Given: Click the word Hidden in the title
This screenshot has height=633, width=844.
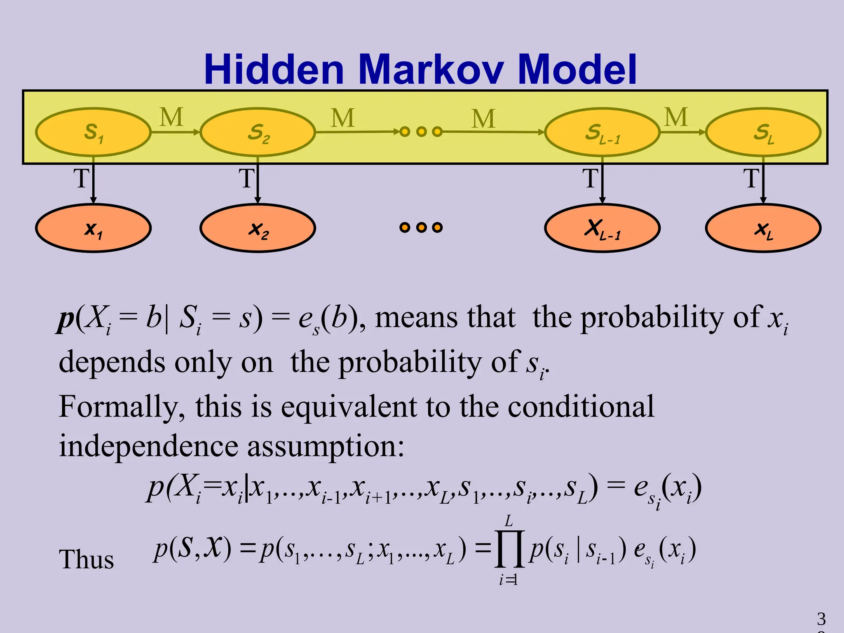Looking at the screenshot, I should [x=274, y=69].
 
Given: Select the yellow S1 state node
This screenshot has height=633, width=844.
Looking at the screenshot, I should [x=93, y=132].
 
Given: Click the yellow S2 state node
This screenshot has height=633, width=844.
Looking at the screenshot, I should [x=258, y=132].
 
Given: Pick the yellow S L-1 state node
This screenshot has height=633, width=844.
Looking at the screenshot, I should [x=602, y=132].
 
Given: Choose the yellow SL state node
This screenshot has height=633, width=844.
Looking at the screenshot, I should [x=763, y=132].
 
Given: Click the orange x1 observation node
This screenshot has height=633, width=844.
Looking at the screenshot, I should [x=93, y=228].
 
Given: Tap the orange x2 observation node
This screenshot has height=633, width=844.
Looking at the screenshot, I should [x=258, y=228].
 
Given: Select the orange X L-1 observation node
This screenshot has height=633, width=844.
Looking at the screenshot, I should [x=602, y=228].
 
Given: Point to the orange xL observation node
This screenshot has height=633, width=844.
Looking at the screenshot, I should [x=763, y=228].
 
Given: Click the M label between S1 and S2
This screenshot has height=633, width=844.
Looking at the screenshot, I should [x=171, y=117].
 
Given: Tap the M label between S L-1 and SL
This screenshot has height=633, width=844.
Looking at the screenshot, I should [x=676, y=117].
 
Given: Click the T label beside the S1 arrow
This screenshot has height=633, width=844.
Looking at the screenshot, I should [x=81, y=178].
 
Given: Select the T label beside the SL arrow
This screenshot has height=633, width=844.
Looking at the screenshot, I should [x=751, y=178].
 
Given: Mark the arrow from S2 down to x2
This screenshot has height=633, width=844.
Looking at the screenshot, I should [x=258, y=181].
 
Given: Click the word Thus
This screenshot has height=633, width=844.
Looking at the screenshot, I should [x=86, y=559].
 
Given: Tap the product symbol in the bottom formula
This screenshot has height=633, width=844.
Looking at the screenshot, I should [x=509, y=549].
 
